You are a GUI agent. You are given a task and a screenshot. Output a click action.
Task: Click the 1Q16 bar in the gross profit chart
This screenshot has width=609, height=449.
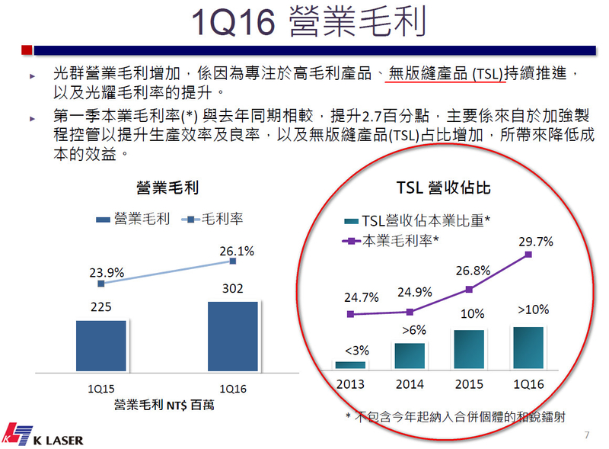[231, 336]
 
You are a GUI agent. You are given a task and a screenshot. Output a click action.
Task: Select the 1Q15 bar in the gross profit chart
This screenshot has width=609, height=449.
[101, 345]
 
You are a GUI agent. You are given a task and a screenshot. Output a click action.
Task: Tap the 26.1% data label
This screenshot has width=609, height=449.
[237, 250]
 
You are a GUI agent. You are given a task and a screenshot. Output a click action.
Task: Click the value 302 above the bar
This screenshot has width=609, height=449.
[232, 290]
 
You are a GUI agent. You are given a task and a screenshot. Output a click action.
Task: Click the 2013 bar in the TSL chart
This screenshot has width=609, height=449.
[350, 364]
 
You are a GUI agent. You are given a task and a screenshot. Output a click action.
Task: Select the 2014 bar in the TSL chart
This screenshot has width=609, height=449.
[410, 355]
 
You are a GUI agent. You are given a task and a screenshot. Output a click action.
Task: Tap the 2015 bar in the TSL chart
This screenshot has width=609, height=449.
[469, 349]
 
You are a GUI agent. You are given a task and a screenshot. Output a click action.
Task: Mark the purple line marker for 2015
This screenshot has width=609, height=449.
[469, 289]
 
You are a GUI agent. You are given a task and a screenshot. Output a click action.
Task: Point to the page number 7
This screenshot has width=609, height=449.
[586, 435]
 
